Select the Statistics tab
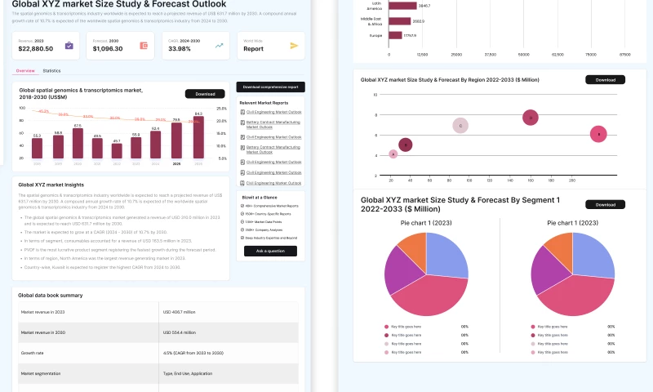(x=51, y=71)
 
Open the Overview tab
(x=25, y=71)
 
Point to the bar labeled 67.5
(x=78, y=143)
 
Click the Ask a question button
(x=270, y=251)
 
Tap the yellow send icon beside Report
(x=294, y=46)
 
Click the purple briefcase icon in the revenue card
(x=69, y=46)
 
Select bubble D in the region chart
(x=531, y=118)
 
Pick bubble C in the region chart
(x=461, y=126)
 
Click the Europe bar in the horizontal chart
(x=395, y=35)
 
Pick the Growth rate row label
(x=33, y=354)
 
